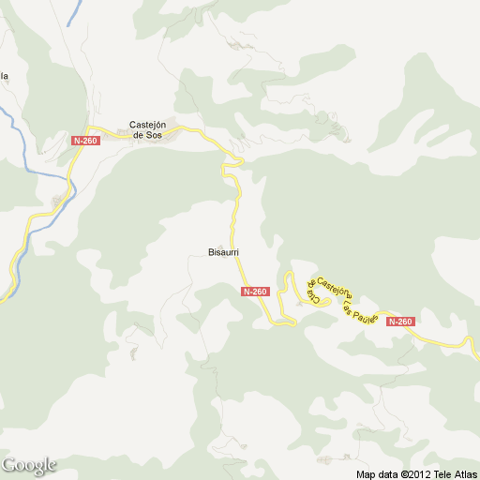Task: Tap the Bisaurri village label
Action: [x=224, y=251]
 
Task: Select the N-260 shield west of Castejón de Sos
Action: [x=84, y=141]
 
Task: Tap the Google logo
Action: [x=29, y=465]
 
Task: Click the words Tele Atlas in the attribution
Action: [x=457, y=474]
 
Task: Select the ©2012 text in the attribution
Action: [x=418, y=474]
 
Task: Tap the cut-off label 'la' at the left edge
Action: [x=4, y=76]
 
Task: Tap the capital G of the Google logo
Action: [x=9, y=464]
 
